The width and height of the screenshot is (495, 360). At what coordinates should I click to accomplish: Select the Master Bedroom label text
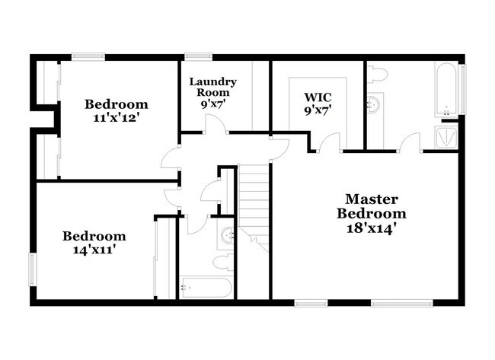tap(372, 205)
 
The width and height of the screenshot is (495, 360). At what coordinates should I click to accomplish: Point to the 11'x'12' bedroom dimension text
tap(116, 119)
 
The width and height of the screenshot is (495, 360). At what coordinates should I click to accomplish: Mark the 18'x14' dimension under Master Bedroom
tap(372, 227)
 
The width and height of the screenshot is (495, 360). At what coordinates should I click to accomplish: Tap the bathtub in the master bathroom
tap(447, 89)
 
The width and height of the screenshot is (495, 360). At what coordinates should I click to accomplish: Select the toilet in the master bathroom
tap(377, 74)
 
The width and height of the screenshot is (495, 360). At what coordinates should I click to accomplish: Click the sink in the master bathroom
tap(373, 104)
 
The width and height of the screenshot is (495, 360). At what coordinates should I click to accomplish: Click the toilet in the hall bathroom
tap(222, 263)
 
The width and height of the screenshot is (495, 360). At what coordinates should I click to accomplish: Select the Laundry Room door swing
tap(216, 124)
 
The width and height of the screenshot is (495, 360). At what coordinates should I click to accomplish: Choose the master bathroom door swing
tap(411, 142)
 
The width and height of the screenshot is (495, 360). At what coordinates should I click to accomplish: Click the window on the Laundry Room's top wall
tap(198, 56)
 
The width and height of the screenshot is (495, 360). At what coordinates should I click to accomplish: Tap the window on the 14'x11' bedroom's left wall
tap(32, 268)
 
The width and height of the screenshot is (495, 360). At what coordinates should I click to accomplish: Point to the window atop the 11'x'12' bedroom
tap(88, 56)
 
